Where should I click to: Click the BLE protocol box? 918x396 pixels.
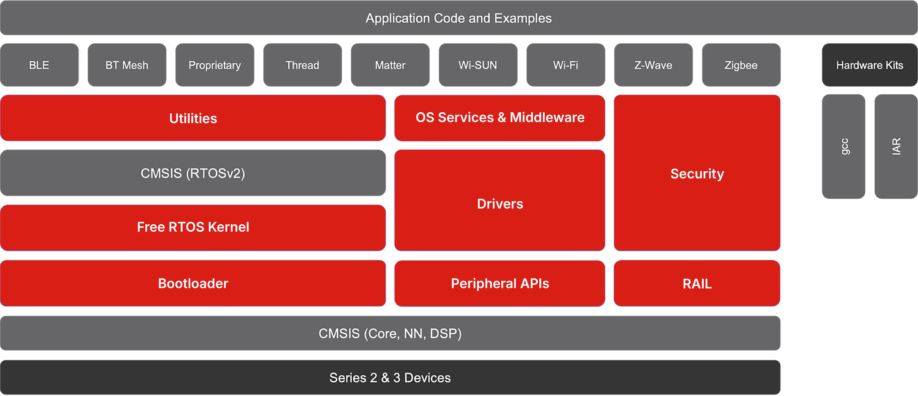pyautogui.click(x=39, y=65)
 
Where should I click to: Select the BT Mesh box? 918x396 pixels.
pyautogui.click(x=127, y=65)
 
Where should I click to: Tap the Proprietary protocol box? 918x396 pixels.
pyautogui.click(x=214, y=65)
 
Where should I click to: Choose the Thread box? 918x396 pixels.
pyautogui.click(x=302, y=65)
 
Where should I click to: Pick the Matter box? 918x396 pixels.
pyautogui.click(x=390, y=65)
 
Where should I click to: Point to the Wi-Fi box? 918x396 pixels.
pyautogui.click(x=565, y=65)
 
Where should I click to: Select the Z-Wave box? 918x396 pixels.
pyautogui.click(x=653, y=65)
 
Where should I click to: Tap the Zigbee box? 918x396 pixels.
pyautogui.click(x=741, y=65)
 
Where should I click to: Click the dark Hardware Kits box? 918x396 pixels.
pyautogui.click(x=870, y=65)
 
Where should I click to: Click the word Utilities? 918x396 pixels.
pyautogui.click(x=193, y=118)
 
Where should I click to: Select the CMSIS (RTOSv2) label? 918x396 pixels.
pyautogui.click(x=193, y=173)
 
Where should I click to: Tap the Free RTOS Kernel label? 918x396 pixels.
pyautogui.click(x=193, y=227)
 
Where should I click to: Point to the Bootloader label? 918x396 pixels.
pyautogui.click(x=193, y=283)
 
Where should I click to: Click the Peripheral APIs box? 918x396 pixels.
pyautogui.click(x=500, y=283)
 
